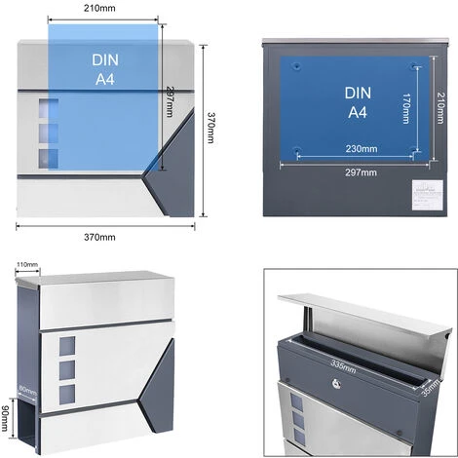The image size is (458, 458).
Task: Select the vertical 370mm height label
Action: click(x=210, y=126)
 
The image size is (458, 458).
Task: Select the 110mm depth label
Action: click(x=26, y=265)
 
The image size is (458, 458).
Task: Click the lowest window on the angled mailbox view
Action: click(x=67, y=394)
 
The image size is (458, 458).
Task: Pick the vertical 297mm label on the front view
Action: click(x=170, y=101)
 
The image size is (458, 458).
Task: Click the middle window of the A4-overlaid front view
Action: click(x=48, y=130)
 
